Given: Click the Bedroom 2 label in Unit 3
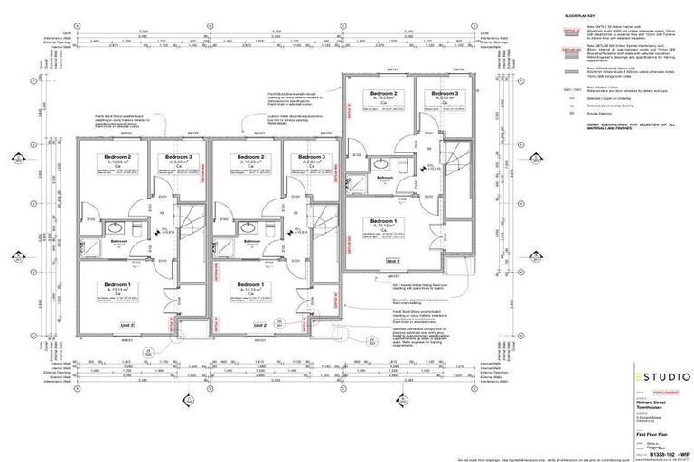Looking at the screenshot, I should pos(117,157).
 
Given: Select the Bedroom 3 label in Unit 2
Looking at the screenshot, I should pos(305,157).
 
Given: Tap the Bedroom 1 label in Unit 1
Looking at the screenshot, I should pos(383,221).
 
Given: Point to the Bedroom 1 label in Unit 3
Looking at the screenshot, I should pos(117,285).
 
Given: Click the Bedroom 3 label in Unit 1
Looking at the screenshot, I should pos(445,94).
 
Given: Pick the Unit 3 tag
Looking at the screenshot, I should pos(127,324).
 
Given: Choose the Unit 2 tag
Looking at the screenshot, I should pos(260,324).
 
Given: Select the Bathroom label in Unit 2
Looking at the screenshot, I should pos(250,241).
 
